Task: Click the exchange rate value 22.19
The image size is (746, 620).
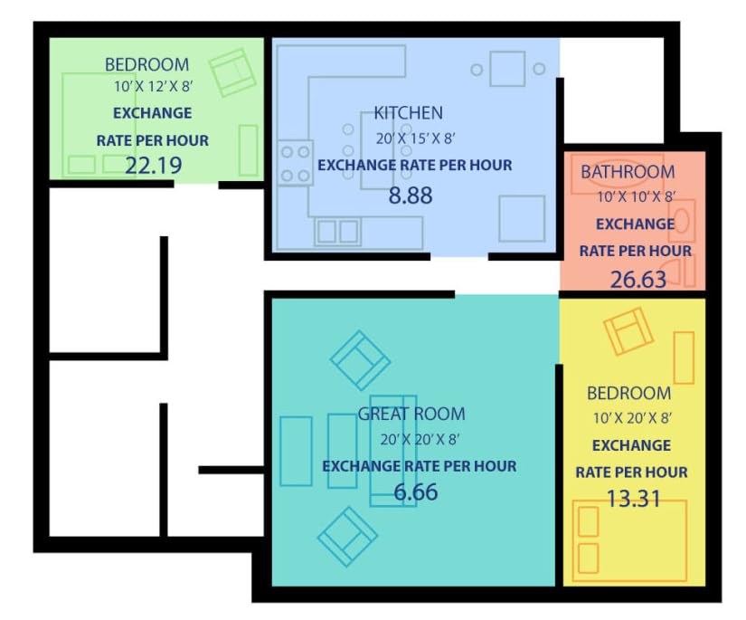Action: pos(153,166)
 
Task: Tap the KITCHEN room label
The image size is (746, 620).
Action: pos(408,113)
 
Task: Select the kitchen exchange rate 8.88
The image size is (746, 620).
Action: pos(411,196)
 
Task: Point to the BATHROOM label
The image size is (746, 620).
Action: pos(628,172)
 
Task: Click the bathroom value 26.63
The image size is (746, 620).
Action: pos(638,280)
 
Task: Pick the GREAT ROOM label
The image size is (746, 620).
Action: pos(411,414)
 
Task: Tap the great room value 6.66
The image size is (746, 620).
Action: pos(416,491)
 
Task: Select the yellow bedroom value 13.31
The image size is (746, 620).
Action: pos(634,499)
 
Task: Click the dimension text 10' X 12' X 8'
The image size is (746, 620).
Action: pos(153,87)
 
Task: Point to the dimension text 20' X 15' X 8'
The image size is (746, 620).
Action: pos(416,138)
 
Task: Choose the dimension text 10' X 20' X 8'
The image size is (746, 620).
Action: pos(632,418)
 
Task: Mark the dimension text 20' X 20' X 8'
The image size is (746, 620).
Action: pos(420,439)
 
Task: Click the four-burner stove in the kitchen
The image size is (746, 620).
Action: pos(296,163)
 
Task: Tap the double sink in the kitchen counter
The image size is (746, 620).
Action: pos(338,232)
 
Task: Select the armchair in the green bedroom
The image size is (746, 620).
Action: pos(232,72)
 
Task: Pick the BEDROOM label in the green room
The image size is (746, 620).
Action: pos(147,64)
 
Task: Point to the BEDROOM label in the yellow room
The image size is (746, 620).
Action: pos(629,394)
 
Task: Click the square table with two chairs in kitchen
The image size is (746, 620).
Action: pos(507,69)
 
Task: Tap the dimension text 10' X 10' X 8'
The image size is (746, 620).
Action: pos(637,196)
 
